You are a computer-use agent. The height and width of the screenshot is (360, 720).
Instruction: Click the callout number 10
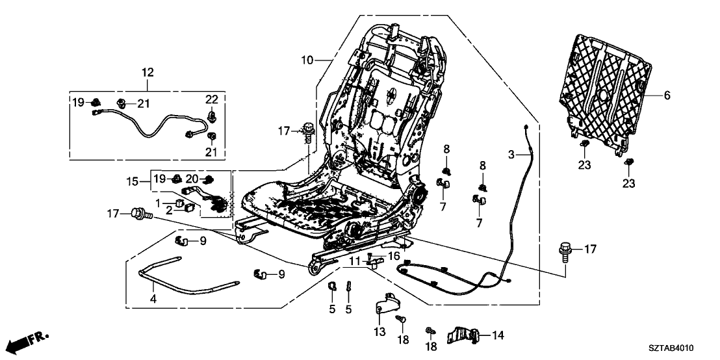click(x=307, y=60)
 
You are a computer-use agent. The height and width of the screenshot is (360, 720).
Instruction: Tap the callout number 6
click(x=666, y=95)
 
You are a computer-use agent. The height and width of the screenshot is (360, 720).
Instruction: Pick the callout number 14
click(x=498, y=335)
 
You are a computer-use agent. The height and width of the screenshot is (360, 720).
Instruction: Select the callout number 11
click(x=355, y=261)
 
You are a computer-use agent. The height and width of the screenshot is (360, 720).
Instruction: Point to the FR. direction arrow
click(x=30, y=340)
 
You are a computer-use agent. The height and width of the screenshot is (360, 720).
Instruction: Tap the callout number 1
click(x=168, y=203)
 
